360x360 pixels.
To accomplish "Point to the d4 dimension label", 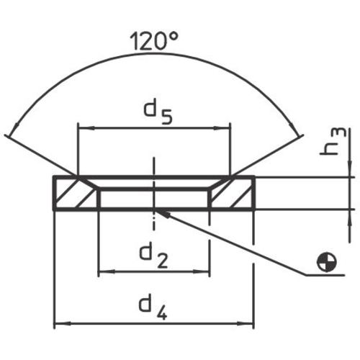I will tap(154, 309).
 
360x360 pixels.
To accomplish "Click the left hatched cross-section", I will tap(75, 194).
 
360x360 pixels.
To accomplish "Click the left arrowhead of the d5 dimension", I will tap(81, 130).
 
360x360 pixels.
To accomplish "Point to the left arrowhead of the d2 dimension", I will tap(102, 272).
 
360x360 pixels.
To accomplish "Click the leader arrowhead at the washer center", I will tap(163, 212).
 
